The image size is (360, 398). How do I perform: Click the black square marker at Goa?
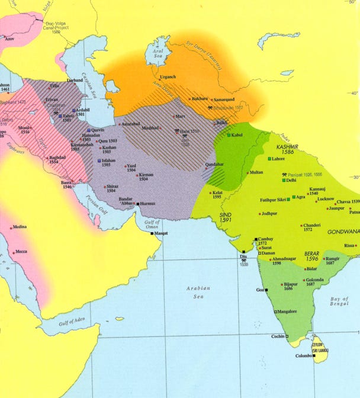point(267,290)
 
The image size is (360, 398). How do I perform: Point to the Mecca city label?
point(21,252)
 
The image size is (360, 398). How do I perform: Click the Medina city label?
point(19,227)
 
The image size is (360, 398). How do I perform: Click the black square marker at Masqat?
point(152,233)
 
